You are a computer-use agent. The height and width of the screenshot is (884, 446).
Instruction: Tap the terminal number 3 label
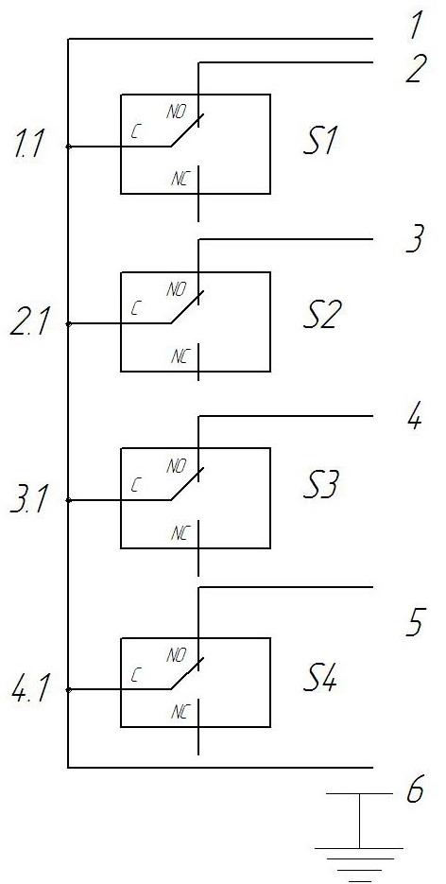pos(415,239)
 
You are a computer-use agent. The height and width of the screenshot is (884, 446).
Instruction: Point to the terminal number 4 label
pos(415,418)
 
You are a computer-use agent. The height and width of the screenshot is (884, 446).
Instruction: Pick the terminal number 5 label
pos(415,624)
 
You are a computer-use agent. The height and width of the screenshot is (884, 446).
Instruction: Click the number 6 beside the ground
pos(415,791)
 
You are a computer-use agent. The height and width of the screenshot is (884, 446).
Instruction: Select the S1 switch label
pos(319,142)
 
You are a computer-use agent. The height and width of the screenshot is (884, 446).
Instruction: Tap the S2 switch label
pos(319,318)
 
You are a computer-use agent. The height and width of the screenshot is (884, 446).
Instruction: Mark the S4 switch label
pos(319,681)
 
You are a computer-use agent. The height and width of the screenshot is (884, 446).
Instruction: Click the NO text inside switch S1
pos(177,112)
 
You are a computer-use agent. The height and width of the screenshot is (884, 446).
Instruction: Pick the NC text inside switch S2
pos(181,356)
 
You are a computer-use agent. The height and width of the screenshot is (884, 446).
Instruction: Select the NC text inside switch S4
pos(181,713)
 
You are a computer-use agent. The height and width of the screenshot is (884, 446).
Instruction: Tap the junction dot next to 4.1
pos(68,689)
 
